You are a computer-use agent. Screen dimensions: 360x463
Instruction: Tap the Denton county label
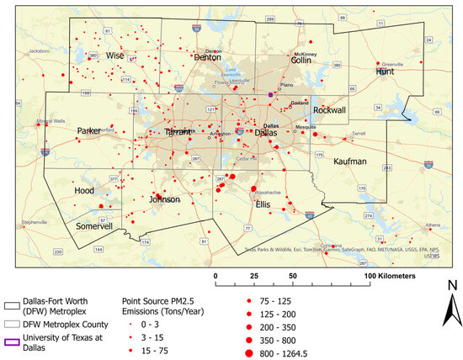207,57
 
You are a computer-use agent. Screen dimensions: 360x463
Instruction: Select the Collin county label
301,60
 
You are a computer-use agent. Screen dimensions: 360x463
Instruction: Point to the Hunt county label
386,72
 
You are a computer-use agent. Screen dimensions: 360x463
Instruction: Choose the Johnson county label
164,200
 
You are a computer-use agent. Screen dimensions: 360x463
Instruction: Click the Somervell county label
93,226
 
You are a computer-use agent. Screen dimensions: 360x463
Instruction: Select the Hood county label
85,191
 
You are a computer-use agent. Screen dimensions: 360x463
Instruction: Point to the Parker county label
89,131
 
